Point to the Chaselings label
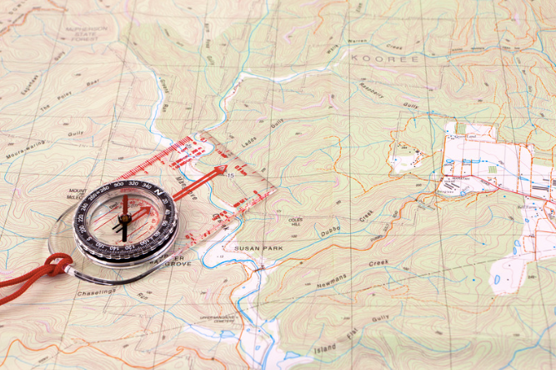coord(96,292)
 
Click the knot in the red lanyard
coord(54,266)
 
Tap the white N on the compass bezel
coord(156,189)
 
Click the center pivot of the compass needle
coord(123,219)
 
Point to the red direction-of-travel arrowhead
coord(220,172)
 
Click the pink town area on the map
coord(483,159)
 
